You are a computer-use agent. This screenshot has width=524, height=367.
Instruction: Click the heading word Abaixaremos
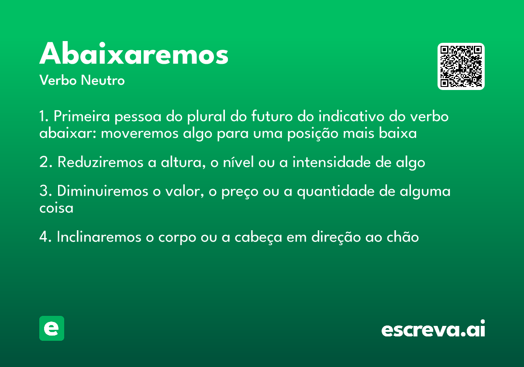[134, 55]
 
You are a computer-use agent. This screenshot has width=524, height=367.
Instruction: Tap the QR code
[461, 66]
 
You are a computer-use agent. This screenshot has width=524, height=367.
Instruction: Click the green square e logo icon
[52, 328]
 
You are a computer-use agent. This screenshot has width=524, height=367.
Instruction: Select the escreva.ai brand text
[433, 329]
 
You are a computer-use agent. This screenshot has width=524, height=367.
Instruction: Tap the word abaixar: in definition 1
[68, 133]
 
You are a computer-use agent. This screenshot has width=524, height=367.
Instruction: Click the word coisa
[56, 208]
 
